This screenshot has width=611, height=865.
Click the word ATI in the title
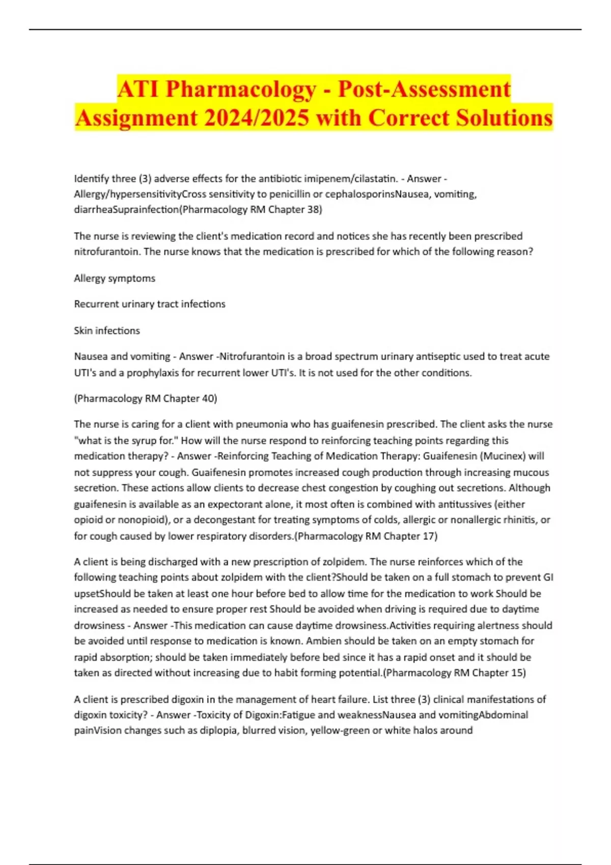click(138, 89)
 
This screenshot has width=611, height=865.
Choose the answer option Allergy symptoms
click(115, 278)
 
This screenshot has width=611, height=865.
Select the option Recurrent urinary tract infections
click(150, 304)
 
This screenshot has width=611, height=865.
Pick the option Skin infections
click(107, 330)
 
